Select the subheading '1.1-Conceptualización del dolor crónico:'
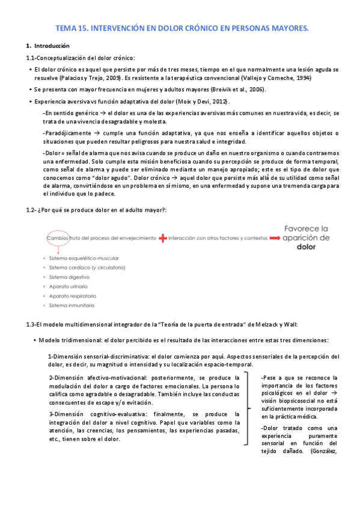click(x=80, y=58)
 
